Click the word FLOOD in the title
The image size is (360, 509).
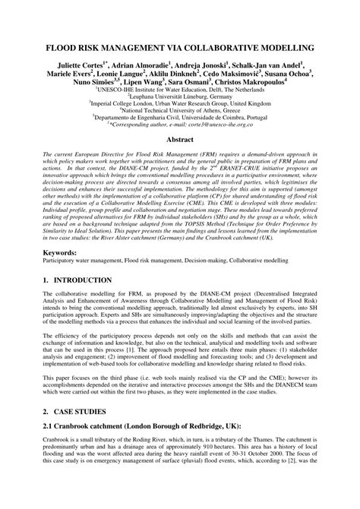click(x=62, y=48)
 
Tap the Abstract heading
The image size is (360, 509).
click(x=179, y=141)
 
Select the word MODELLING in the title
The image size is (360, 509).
click(x=283, y=48)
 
